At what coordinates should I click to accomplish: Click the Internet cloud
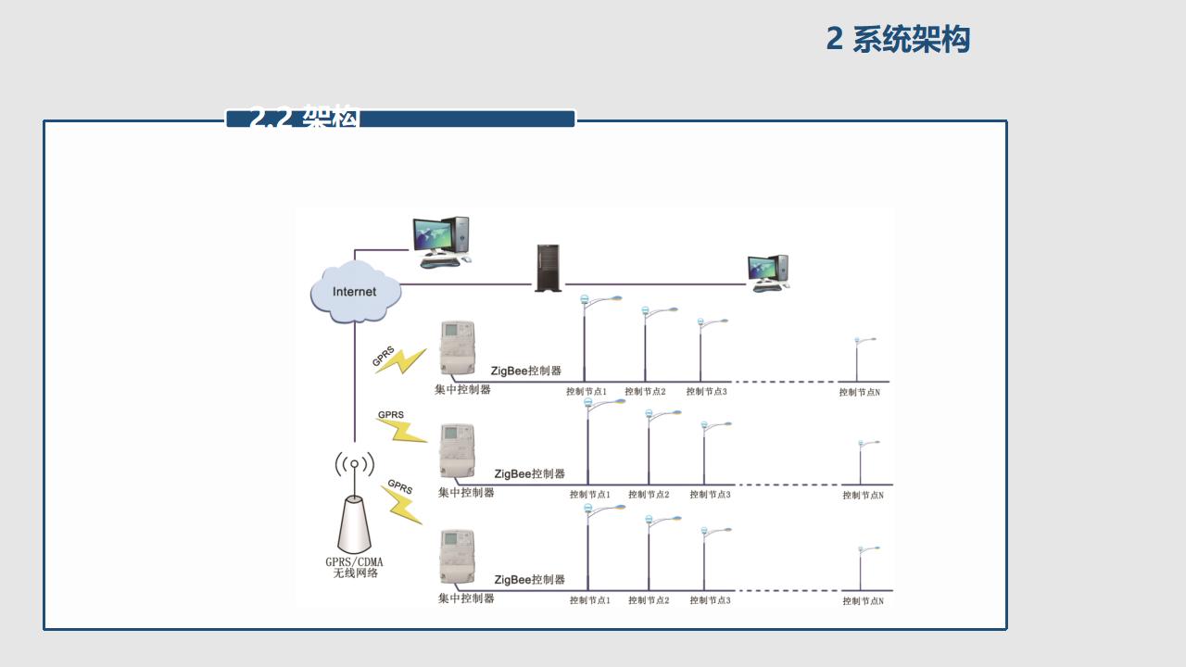click(x=356, y=292)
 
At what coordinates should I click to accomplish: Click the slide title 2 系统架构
click(x=898, y=40)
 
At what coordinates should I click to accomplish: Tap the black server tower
click(x=548, y=268)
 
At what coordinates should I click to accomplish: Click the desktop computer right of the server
click(x=769, y=273)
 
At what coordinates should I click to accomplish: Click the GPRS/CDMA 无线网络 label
click(x=354, y=568)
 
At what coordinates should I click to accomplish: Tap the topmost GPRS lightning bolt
click(x=400, y=360)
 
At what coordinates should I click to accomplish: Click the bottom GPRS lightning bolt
click(x=402, y=502)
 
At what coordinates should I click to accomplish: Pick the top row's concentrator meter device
click(x=456, y=349)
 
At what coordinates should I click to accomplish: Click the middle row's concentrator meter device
click(x=457, y=451)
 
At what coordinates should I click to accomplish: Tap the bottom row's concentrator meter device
click(x=457, y=556)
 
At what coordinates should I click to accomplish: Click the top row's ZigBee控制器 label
click(x=526, y=371)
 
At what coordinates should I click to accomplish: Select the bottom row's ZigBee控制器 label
click(x=529, y=580)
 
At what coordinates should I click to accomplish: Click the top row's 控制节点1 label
click(x=587, y=392)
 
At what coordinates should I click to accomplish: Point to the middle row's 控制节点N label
click(x=863, y=496)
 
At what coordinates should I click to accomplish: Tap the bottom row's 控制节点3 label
click(x=710, y=600)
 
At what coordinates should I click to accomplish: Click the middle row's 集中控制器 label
click(x=466, y=493)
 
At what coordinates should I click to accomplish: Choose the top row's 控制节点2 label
click(x=646, y=392)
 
